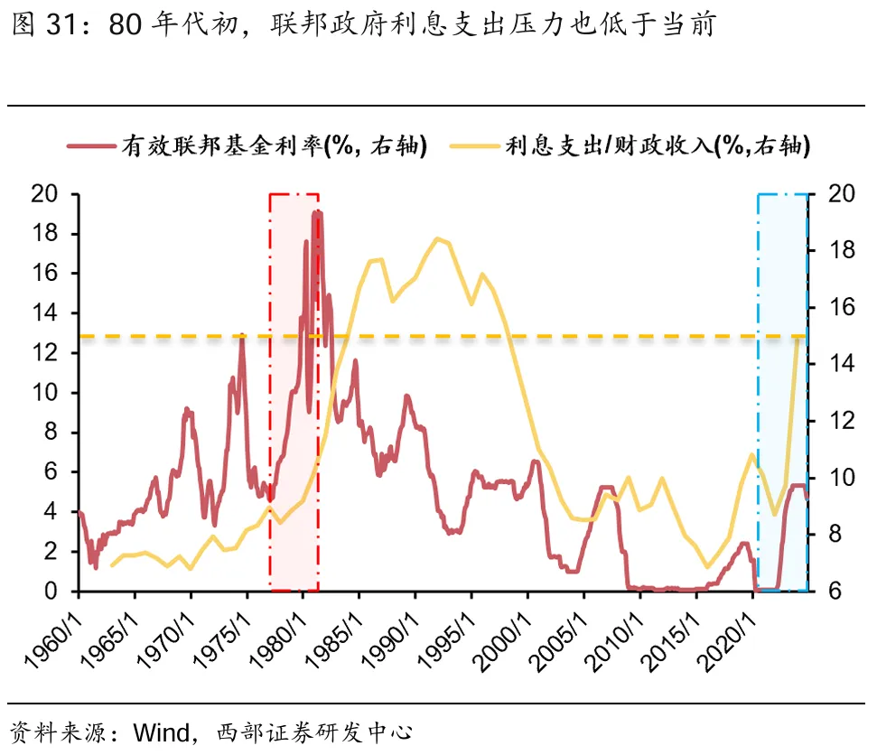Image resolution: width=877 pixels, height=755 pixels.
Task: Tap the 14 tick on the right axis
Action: click(x=829, y=364)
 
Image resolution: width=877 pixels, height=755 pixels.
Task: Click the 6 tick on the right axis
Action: click(x=825, y=592)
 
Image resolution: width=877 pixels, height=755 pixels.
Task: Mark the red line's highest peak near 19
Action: click(x=316, y=212)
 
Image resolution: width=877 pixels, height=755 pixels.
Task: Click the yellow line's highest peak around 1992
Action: click(x=437, y=239)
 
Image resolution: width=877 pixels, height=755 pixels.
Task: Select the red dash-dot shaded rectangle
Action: click(x=294, y=392)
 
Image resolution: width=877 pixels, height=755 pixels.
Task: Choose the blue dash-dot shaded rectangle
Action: click(x=782, y=392)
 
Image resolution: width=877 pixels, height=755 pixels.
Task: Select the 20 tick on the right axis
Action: click(x=829, y=194)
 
